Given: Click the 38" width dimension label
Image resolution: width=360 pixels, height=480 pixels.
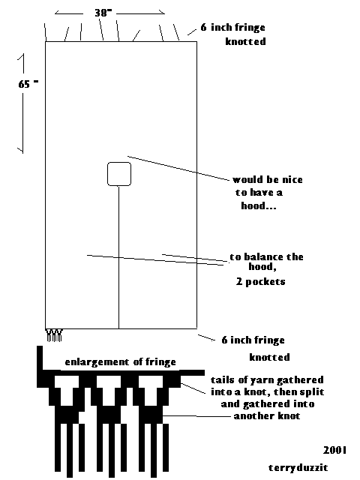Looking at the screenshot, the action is (x=103, y=13).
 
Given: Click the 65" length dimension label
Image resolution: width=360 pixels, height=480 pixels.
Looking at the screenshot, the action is (x=28, y=84).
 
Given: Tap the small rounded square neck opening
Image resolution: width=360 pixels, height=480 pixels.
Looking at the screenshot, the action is (x=119, y=174).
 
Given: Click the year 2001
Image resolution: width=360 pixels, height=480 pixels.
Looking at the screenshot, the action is (x=335, y=450).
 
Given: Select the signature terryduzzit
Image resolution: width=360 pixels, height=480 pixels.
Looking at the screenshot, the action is (x=298, y=467).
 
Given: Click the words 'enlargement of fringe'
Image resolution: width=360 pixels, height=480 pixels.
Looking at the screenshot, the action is (x=120, y=362).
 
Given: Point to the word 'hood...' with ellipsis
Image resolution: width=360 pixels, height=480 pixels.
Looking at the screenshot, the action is (x=259, y=205).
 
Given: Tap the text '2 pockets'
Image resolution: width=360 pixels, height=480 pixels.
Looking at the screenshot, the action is (x=260, y=282).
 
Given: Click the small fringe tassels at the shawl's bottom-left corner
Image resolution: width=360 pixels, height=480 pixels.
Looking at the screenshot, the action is (x=55, y=335).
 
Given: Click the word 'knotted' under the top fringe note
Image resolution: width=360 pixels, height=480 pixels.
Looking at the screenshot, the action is (x=245, y=41).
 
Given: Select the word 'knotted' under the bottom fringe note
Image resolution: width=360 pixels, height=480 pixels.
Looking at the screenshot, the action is (x=269, y=357).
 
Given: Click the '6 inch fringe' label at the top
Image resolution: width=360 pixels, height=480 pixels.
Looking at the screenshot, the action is (x=232, y=28).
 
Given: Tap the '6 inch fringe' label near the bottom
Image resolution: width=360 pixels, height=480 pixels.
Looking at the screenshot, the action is (x=253, y=340).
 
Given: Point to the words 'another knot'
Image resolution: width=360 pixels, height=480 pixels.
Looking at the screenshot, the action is (x=267, y=415).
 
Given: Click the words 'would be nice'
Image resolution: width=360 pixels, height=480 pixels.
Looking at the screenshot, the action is (x=268, y=180).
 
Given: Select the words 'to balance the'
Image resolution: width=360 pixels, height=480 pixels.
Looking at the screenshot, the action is (x=266, y=256).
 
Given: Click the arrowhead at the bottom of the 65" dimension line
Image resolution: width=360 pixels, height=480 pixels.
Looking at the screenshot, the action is (x=21, y=150).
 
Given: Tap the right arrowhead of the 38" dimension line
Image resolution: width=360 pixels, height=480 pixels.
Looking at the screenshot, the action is (x=162, y=12).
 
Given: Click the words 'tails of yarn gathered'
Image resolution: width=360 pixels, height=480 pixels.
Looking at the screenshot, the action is (x=267, y=380).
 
